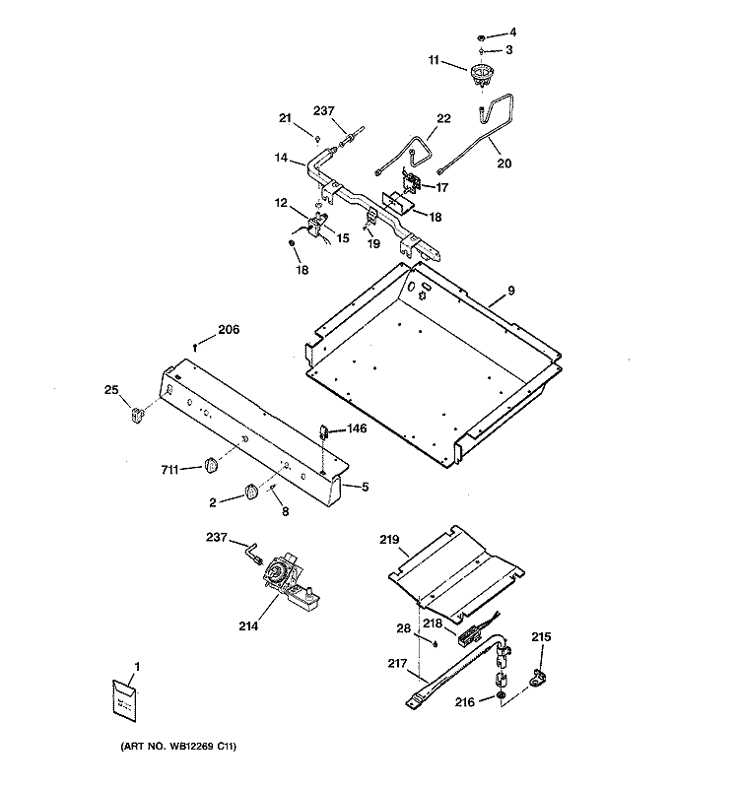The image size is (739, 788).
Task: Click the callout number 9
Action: pyautogui.click(x=511, y=291)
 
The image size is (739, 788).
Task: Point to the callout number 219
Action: pyautogui.click(x=389, y=539)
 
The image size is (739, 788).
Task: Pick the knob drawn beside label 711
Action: pyautogui.click(x=209, y=464)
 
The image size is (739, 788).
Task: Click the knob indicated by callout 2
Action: pyautogui.click(x=251, y=492)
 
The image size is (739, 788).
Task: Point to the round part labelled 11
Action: pyautogui.click(x=482, y=74)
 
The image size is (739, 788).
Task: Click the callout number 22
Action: pyautogui.click(x=443, y=119)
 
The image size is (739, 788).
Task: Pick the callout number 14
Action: pyautogui.click(x=282, y=157)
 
